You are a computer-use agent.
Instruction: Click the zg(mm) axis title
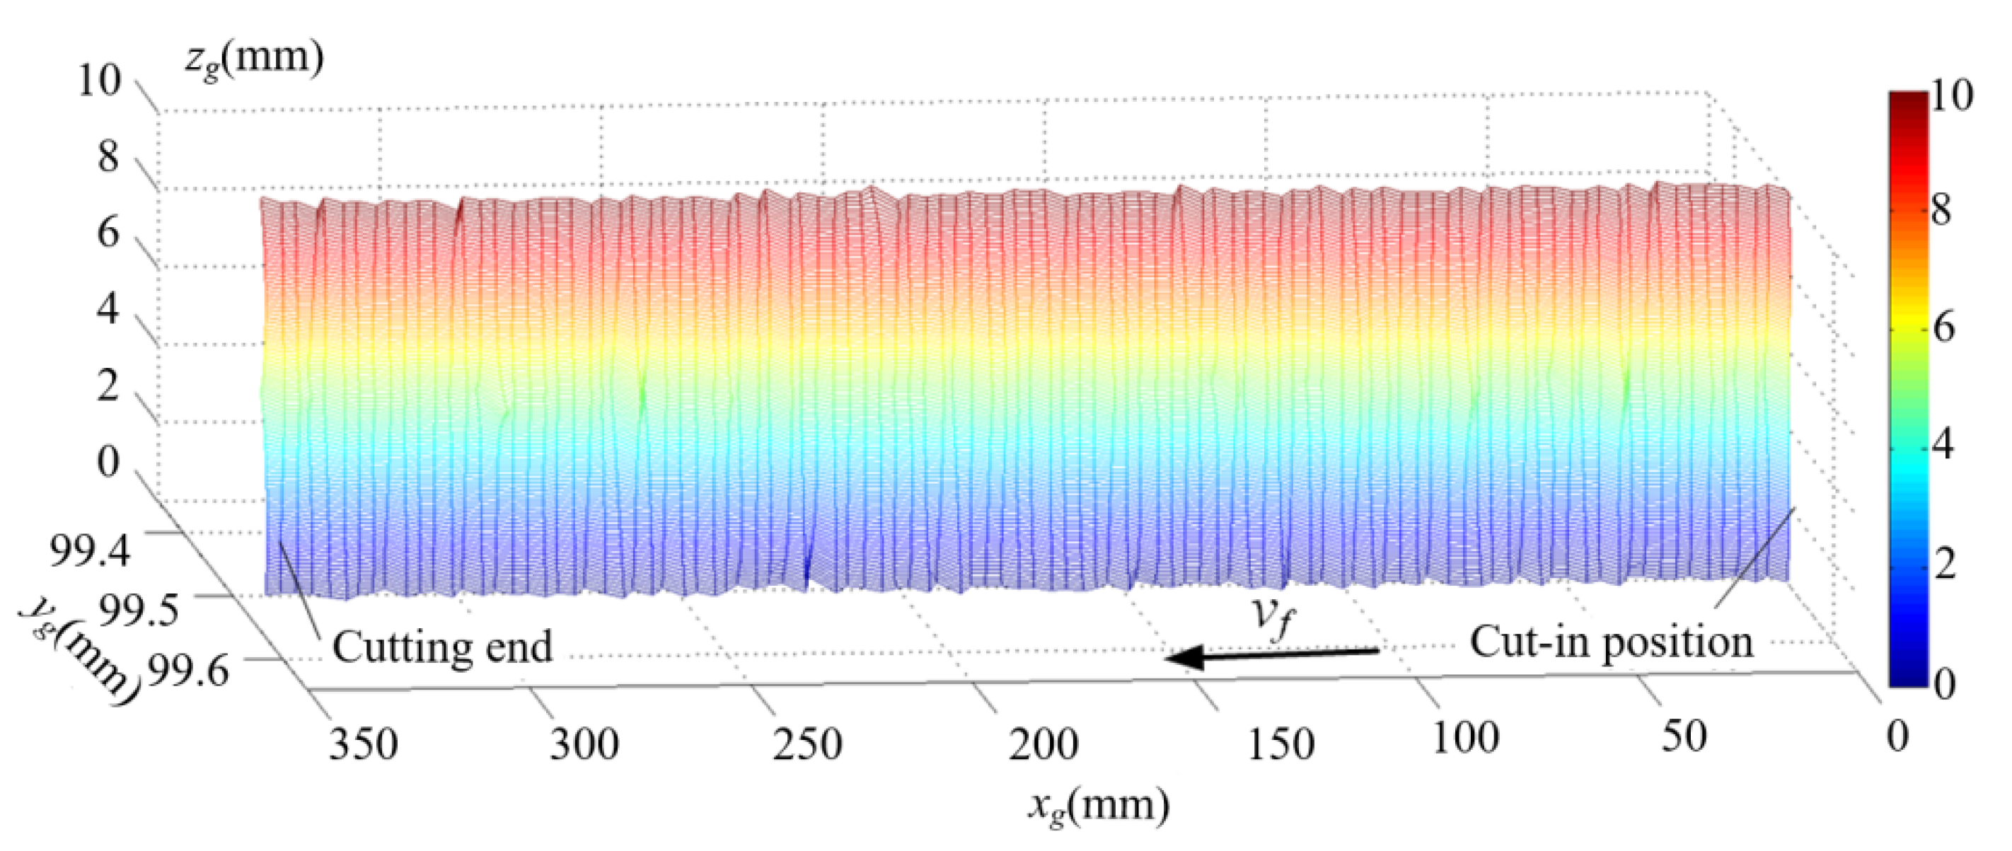click(x=255, y=58)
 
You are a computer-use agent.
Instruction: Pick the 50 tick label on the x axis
click(x=1683, y=736)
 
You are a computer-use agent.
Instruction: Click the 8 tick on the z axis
click(x=108, y=158)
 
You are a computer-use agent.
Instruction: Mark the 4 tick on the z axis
click(x=108, y=309)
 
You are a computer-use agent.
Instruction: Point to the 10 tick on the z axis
click(x=100, y=81)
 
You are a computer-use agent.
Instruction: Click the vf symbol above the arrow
click(x=1274, y=617)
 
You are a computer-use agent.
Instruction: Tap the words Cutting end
click(x=443, y=647)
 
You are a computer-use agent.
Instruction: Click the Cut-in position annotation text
click(x=1612, y=642)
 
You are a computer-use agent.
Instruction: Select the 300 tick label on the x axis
click(x=585, y=744)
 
